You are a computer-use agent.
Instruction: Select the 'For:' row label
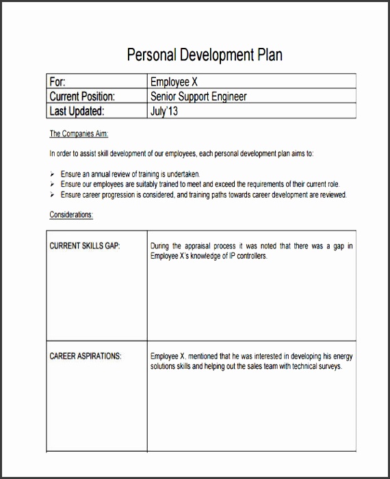(57, 81)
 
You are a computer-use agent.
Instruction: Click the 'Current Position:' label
(82, 96)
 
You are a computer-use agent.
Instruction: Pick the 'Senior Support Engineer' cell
(198, 96)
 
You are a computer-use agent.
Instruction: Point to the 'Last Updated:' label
(77, 112)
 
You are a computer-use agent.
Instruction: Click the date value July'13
(164, 112)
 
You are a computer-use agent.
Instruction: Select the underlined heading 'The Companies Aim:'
(79, 133)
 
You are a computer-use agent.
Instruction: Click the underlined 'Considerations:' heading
(71, 215)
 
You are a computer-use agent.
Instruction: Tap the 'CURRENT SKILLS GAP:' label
(85, 246)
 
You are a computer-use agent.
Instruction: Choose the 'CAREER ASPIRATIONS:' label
(86, 357)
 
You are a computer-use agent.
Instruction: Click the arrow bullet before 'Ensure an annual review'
(53, 174)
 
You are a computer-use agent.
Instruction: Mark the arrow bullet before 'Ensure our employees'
(53, 185)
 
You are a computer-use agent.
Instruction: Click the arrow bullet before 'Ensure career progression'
(53, 195)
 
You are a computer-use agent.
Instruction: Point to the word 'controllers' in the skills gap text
(248, 256)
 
